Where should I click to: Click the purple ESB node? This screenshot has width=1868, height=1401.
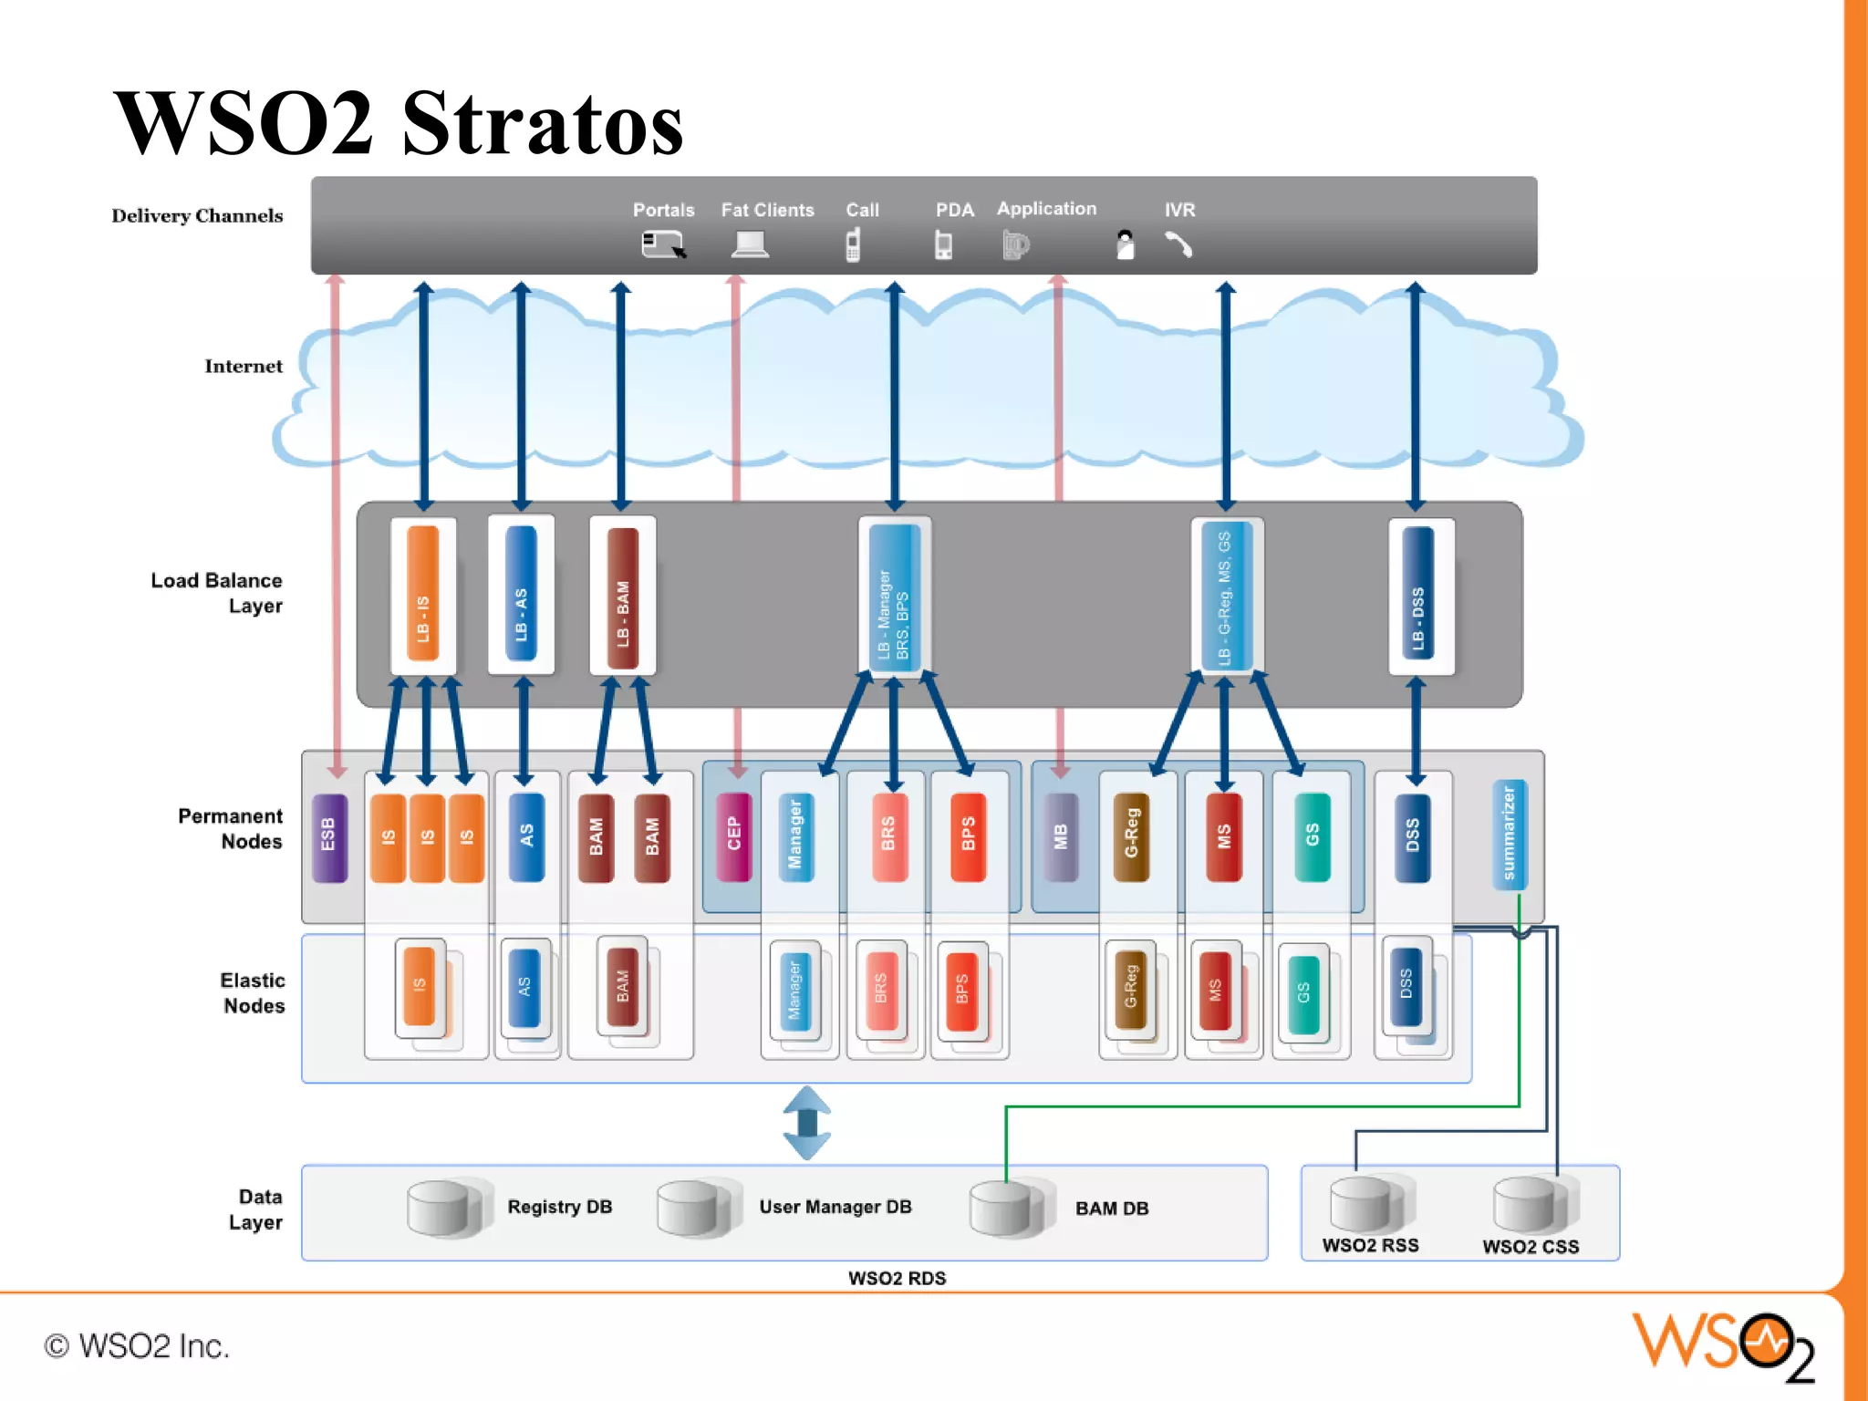[329, 837]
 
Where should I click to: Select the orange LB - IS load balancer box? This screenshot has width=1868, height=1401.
[423, 594]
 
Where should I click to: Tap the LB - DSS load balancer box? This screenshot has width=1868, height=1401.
[1418, 594]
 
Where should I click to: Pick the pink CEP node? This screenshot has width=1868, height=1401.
[733, 835]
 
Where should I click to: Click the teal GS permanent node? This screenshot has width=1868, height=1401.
[1312, 836]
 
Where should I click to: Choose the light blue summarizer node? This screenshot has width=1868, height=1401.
[1509, 834]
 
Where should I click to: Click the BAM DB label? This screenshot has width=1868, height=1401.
[1112, 1209]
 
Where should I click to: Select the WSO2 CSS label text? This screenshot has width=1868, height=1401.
[1531, 1247]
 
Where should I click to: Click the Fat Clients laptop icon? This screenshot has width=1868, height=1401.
[751, 244]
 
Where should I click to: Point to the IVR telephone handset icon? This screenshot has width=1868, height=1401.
[1178, 244]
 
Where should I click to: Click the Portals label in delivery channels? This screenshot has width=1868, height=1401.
[663, 210]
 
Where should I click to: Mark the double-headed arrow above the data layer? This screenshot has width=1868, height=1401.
[807, 1123]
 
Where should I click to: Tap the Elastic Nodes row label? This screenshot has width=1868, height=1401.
[253, 993]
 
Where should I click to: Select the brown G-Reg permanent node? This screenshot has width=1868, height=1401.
[1131, 836]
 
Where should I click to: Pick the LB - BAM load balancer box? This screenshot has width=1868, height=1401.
[623, 597]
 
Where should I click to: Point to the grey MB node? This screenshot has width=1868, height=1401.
[1060, 836]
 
